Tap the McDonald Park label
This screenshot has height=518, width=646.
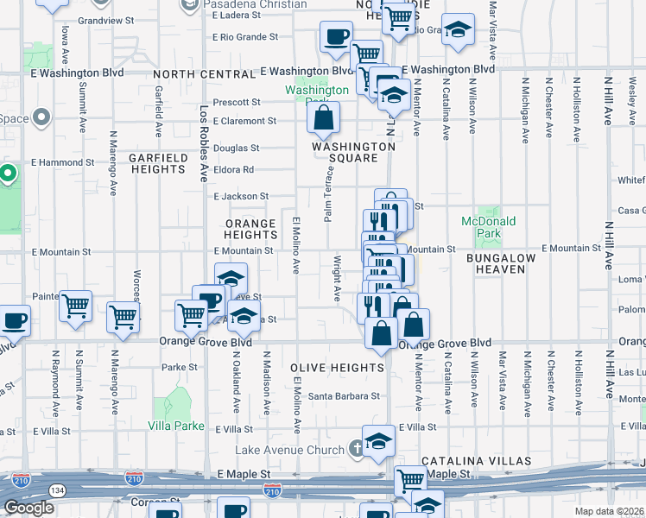(x=488, y=227)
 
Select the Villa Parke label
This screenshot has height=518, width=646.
(x=176, y=426)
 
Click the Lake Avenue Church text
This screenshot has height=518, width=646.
(x=289, y=450)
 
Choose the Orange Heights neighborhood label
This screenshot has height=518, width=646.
(x=250, y=229)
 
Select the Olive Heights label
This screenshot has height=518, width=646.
(x=337, y=368)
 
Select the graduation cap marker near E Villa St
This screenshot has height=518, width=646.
(x=378, y=442)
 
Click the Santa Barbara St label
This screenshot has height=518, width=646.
(x=345, y=396)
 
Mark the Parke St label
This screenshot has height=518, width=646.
(x=180, y=367)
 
